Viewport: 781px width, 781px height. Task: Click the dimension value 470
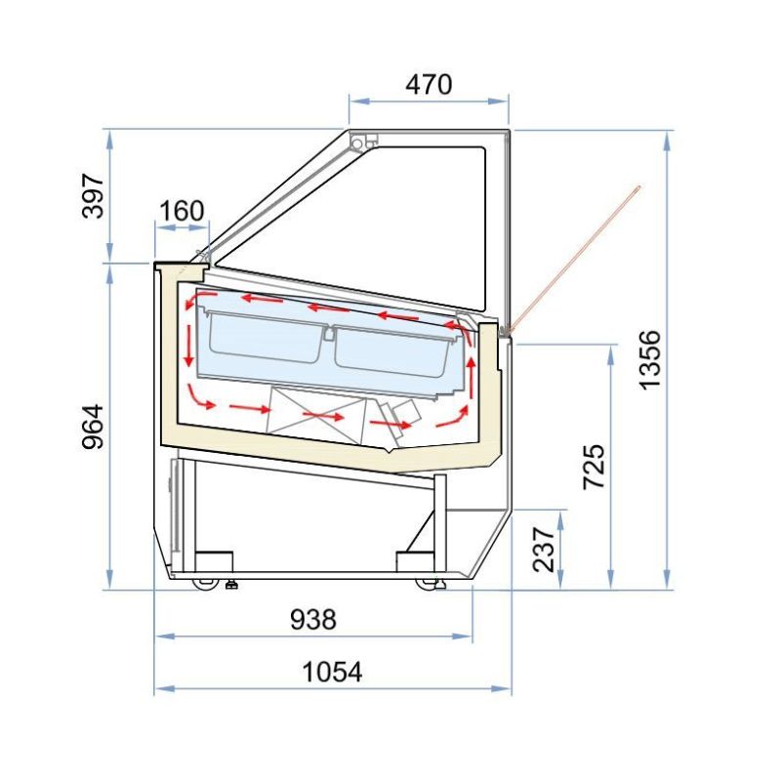pyautogui.click(x=429, y=85)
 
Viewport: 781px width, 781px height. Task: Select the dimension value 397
pyautogui.click(x=93, y=196)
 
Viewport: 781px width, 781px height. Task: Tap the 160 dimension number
pyautogui.click(x=182, y=211)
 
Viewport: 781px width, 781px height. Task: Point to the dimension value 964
pyautogui.click(x=93, y=427)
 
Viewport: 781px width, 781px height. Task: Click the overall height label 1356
pyautogui.click(x=649, y=359)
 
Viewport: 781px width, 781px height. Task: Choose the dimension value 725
pyautogui.click(x=595, y=467)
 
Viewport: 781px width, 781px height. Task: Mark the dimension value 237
pyautogui.click(x=544, y=550)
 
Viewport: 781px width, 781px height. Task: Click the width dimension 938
pyautogui.click(x=313, y=620)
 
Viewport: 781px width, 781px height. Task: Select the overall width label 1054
pyautogui.click(x=332, y=672)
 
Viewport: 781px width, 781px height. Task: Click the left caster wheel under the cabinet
pyautogui.click(x=204, y=584)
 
